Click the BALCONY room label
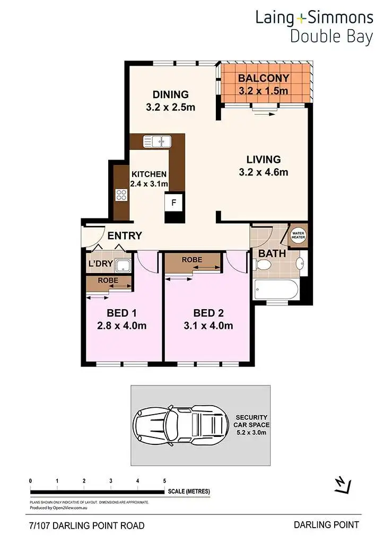click(264, 78)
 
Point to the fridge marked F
click(173, 202)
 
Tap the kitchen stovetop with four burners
click(121, 195)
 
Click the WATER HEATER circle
click(296, 234)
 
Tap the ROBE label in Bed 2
click(192, 260)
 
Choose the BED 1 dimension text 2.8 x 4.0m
click(121, 326)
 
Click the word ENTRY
click(124, 235)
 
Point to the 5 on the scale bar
click(165, 480)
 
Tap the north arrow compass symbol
click(342, 485)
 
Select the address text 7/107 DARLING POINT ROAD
click(86, 526)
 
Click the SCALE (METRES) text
click(189, 491)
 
